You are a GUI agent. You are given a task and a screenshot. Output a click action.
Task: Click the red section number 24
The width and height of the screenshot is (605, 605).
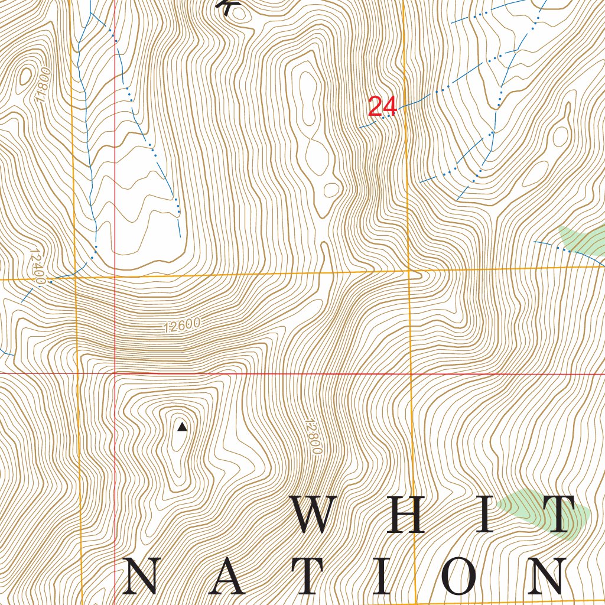pyautogui.click(x=382, y=107)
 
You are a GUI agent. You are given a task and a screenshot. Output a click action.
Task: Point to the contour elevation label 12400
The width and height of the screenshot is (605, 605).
pyautogui.click(x=36, y=266)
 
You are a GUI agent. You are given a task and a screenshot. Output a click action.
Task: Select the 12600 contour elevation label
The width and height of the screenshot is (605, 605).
pyautogui.click(x=181, y=326)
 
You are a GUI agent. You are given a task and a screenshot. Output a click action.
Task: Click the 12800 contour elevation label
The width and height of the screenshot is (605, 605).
pyautogui.click(x=313, y=437)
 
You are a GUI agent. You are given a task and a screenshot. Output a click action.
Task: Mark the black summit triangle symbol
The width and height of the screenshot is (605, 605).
pyautogui.click(x=182, y=427)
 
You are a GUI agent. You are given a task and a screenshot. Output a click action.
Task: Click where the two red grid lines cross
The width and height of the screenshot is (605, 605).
pyautogui.click(x=115, y=373)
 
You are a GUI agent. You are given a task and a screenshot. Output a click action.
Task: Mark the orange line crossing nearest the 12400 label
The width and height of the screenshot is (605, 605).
pyautogui.click(x=76, y=277)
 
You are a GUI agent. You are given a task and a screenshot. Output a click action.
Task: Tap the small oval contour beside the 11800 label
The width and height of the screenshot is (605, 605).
pyautogui.click(x=25, y=76)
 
